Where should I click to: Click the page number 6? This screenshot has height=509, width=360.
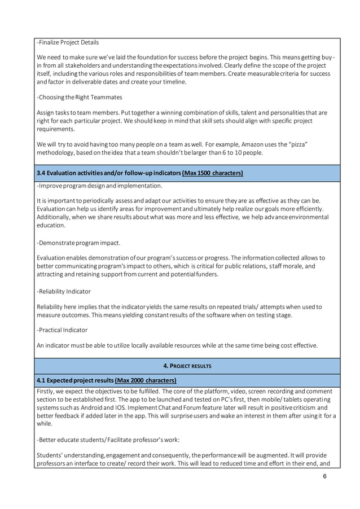point(325,476)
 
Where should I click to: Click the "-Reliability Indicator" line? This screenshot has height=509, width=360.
point(63,291)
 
